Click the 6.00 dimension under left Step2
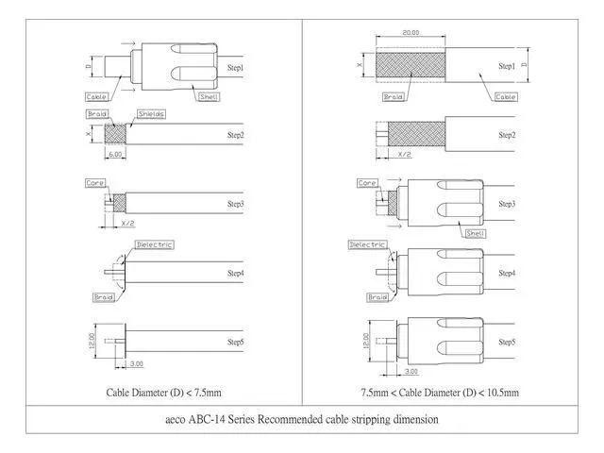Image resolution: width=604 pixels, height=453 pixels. pos(115,154)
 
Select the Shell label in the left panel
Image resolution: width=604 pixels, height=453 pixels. pos(210,97)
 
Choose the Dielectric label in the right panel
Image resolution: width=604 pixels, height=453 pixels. pos(368,243)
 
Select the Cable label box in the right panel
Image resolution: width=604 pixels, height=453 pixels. pos(505,97)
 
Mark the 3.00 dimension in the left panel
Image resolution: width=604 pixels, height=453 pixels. pos(137,363)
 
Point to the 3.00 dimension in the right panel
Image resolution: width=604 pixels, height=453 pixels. pos(405,363)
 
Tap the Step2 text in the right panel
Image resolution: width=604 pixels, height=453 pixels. pos(507,136)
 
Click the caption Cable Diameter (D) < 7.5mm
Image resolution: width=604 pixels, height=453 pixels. pos(165,391)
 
